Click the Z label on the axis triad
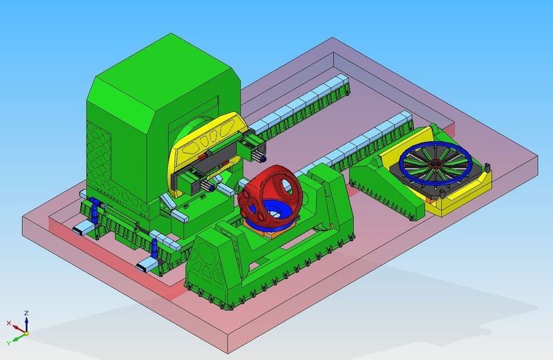26,313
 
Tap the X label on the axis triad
8,323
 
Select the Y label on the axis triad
9,342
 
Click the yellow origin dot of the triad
25,333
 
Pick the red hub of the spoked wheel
435,164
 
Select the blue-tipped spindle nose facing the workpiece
228,187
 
